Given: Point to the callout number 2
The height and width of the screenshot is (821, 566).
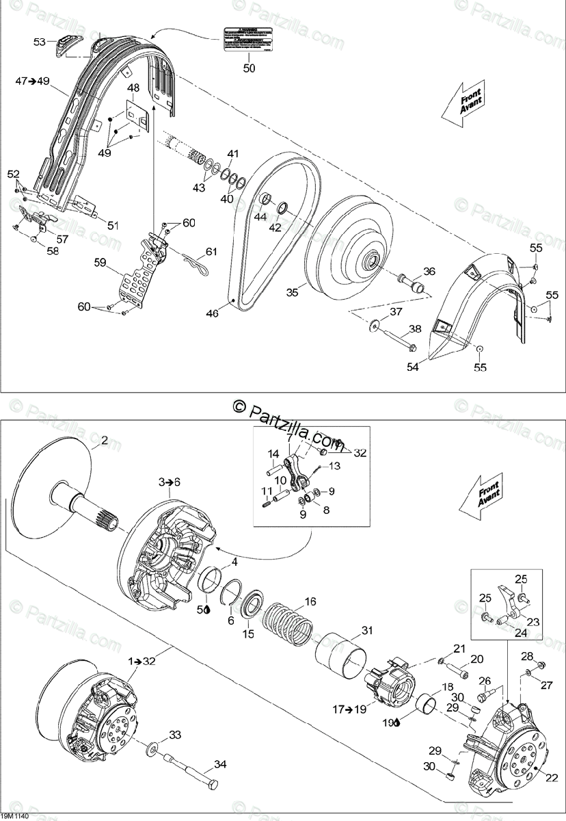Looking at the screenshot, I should pyautogui.click(x=104, y=440).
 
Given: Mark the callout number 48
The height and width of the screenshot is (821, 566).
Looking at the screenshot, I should pyautogui.click(x=133, y=88).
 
